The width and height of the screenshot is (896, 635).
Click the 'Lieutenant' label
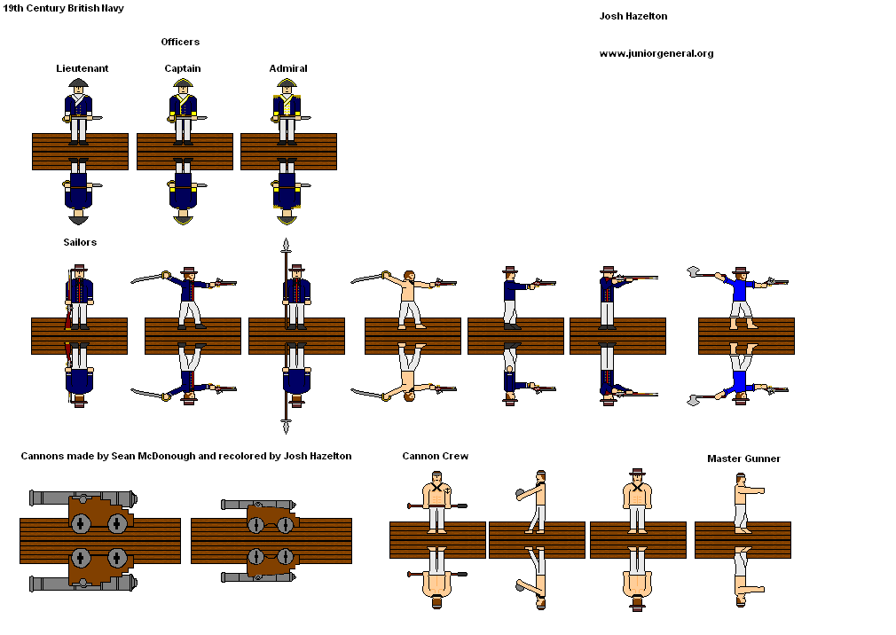coord(83,68)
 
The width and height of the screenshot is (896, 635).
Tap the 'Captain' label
coord(183,68)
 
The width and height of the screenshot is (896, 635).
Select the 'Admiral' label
coord(288,68)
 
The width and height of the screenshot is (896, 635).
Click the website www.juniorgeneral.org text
coord(656,53)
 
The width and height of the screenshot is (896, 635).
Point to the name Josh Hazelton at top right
coord(633,16)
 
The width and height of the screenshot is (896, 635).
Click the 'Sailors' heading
coord(80,242)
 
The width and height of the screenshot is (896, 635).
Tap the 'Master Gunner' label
coord(743,459)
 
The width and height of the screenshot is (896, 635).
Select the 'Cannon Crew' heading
coord(435,456)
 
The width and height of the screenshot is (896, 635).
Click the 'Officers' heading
coord(180,42)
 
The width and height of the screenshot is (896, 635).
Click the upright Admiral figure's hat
coord(287,84)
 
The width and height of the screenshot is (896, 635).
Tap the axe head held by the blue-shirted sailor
coord(693,272)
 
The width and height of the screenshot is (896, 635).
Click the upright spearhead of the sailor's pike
coord(286,246)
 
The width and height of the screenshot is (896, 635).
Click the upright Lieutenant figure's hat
coord(79,84)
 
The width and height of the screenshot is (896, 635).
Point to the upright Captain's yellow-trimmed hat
coord(184,84)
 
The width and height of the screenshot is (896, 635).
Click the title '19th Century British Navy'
coord(64,8)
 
